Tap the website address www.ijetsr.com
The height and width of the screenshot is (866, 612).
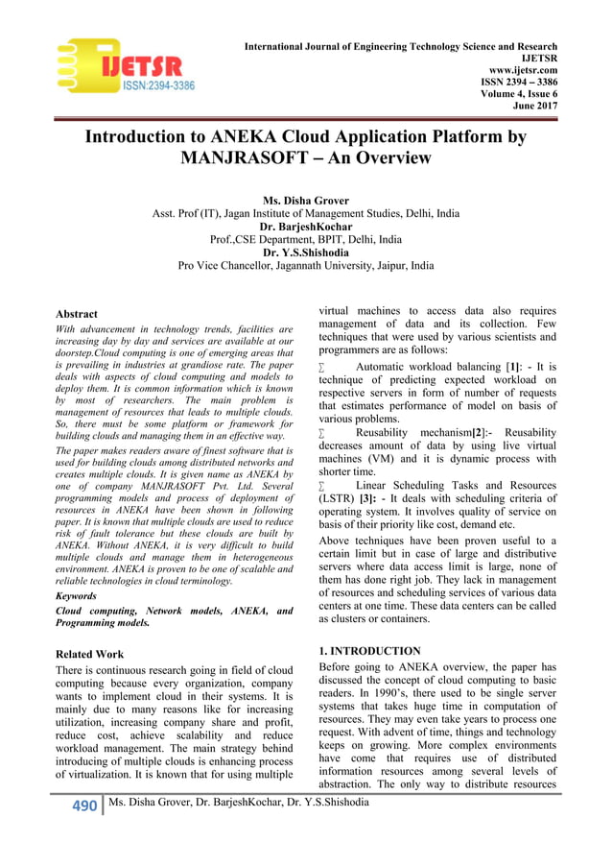[x=524, y=71]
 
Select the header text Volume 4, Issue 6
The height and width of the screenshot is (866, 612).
[x=519, y=96]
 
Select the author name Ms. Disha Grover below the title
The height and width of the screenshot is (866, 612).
[x=306, y=200]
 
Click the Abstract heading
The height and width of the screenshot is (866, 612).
[x=77, y=313]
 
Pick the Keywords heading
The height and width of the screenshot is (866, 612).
[x=82, y=595]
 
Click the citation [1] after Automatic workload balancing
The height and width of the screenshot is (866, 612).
[x=516, y=367]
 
